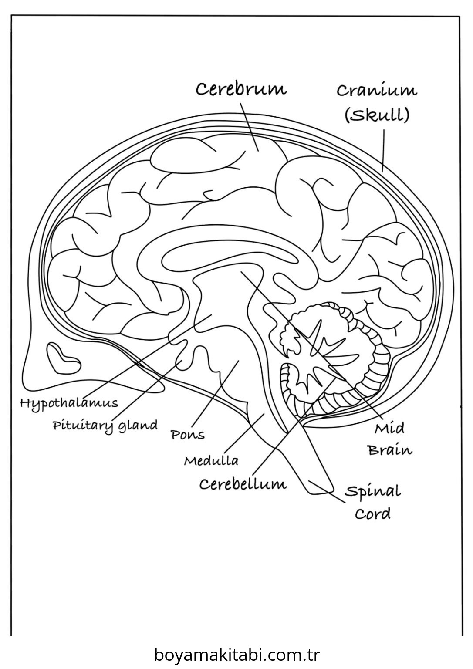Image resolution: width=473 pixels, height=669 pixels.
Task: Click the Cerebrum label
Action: pos(241,89)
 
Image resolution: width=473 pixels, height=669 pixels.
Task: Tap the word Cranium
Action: pos(377,91)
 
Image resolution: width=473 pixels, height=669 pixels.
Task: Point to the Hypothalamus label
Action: pos(69,403)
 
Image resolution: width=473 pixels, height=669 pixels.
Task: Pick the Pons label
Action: pos(187,435)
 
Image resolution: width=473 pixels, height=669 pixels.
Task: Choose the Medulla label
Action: pos(211,460)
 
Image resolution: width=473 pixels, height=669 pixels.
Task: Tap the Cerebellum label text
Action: pos(243,484)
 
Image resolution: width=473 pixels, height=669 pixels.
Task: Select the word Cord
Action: pos(373,514)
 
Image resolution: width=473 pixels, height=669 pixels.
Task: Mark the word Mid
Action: pos(389,429)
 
